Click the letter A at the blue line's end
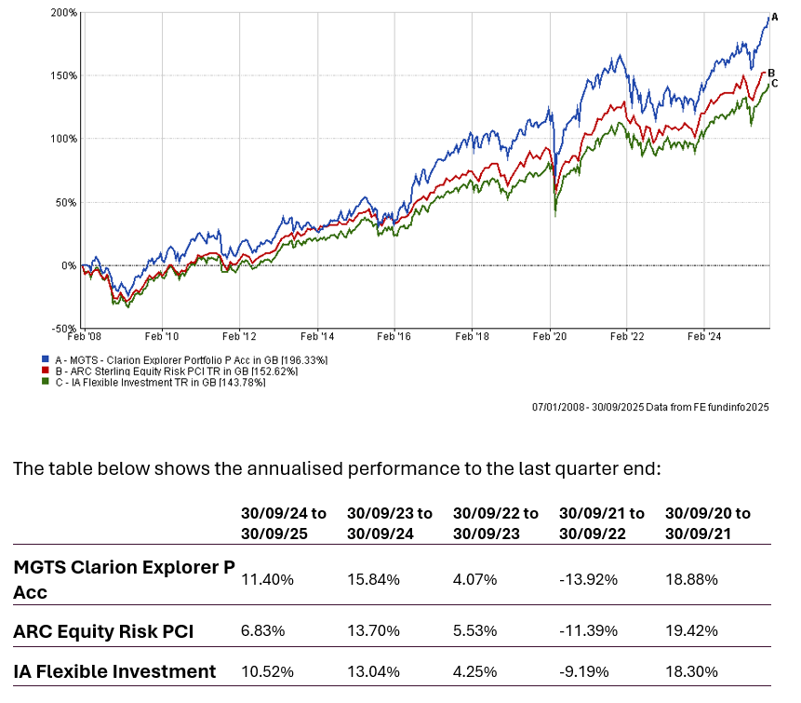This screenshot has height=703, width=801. tap(774, 17)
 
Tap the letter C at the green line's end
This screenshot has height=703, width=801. tap(774, 83)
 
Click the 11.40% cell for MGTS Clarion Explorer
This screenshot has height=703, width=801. tap(267, 579)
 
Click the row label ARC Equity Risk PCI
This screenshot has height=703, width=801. tap(103, 631)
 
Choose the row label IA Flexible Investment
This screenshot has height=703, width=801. tap(114, 671)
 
